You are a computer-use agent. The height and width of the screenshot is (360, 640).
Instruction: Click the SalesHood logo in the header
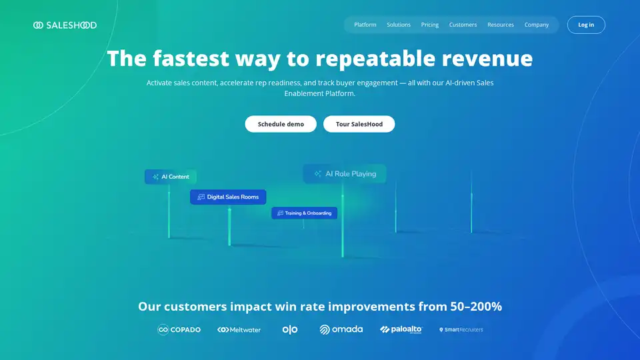(65, 25)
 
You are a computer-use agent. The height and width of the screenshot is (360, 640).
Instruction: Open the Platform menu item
(365, 25)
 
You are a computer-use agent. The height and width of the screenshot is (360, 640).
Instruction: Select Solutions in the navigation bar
(399, 25)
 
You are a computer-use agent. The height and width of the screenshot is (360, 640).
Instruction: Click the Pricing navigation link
(430, 25)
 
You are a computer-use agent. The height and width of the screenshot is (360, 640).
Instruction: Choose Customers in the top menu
(463, 25)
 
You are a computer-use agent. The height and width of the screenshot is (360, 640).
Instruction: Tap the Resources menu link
(501, 25)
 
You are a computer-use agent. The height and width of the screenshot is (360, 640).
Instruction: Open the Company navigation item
(536, 25)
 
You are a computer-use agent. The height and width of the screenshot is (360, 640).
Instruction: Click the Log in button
(586, 25)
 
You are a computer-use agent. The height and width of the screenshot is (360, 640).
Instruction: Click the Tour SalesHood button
(359, 124)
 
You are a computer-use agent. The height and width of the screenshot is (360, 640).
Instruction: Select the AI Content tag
(171, 177)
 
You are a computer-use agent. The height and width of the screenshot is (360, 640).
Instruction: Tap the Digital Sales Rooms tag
(228, 197)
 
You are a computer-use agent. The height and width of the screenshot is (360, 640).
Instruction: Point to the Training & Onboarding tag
(305, 213)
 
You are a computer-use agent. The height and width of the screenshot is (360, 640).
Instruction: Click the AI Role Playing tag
(345, 174)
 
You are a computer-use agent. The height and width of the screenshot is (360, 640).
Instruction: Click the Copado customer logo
(179, 329)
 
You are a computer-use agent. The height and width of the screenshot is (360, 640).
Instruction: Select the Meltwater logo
(239, 330)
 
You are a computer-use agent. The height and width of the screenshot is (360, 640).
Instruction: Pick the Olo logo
(290, 329)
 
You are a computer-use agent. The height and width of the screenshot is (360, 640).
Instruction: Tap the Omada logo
(341, 329)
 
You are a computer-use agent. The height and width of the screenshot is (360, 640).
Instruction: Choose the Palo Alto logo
(401, 329)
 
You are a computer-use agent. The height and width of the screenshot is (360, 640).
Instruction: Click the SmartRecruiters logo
(461, 330)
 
